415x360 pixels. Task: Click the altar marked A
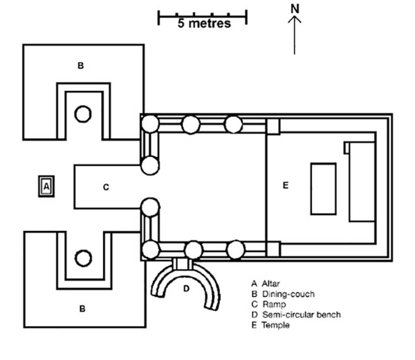pyautogui.click(x=46, y=186)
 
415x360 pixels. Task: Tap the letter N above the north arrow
pyautogui.click(x=295, y=9)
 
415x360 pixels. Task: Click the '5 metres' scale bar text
pyautogui.click(x=204, y=23)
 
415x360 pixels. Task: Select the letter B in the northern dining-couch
pyautogui.click(x=81, y=66)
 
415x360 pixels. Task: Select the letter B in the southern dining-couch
pyautogui.click(x=82, y=309)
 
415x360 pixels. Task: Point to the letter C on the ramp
pyautogui.click(x=106, y=187)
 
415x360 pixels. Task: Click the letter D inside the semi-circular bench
pyautogui.click(x=186, y=289)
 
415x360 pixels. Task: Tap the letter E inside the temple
pyautogui.click(x=285, y=186)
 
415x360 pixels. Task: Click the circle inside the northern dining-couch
pyautogui.click(x=83, y=114)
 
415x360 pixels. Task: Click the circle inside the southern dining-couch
pyautogui.click(x=83, y=257)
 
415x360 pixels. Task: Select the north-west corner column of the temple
pyautogui.click(x=149, y=123)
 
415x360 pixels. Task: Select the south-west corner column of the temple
pyautogui.click(x=151, y=249)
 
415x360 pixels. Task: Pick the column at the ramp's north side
pyautogui.click(x=150, y=165)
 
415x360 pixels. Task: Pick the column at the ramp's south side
pyautogui.click(x=150, y=208)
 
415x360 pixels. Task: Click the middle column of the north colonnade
pyautogui.click(x=191, y=124)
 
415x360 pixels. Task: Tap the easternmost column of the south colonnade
pyautogui.click(x=235, y=250)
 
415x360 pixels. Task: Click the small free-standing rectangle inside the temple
pyautogui.click(x=323, y=189)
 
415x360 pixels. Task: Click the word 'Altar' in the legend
pyautogui.click(x=270, y=283)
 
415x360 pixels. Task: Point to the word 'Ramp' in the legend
pyautogui.click(x=274, y=304)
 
